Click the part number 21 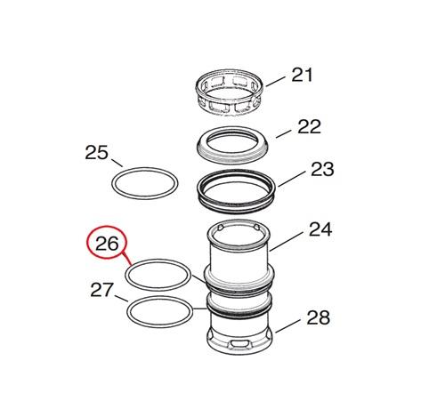pos(302,75)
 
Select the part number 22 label pos(309,126)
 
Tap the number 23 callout pos(322,169)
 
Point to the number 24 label pos(320,229)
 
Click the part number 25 pos(96,153)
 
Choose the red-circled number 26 pos(107,243)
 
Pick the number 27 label pos(102,290)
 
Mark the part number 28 pos(319,317)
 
